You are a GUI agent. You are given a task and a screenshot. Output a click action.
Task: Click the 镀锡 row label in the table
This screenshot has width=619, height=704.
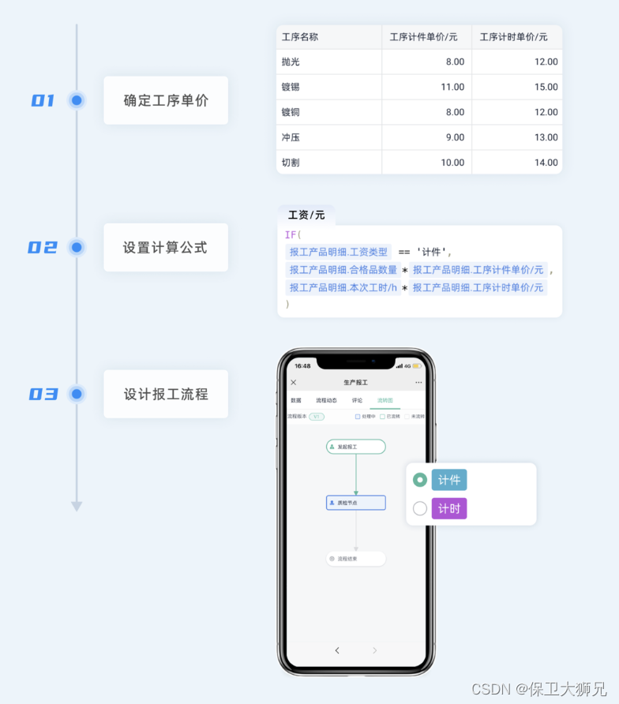coord(291,87)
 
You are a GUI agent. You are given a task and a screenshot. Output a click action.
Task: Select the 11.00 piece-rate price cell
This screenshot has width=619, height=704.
coord(452,87)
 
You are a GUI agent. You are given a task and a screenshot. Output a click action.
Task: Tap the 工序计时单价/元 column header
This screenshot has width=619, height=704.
coord(512,37)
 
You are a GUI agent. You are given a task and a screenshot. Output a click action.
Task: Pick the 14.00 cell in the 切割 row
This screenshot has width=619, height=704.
coord(546,163)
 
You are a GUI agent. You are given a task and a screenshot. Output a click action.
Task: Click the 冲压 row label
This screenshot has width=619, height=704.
coord(291,137)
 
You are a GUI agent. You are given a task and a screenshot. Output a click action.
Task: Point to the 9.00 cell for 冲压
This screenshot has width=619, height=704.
coord(455,137)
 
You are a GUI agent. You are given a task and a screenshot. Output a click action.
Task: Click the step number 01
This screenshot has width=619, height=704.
coord(43,100)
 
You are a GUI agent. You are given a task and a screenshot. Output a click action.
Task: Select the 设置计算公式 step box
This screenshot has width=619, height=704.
coord(166,248)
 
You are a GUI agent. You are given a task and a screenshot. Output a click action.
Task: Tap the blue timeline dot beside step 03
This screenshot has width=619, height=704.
coord(77,394)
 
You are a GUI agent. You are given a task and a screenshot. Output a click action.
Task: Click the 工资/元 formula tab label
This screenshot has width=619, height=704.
coord(306,215)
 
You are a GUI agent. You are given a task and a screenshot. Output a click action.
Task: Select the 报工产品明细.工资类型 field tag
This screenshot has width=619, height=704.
coord(339,252)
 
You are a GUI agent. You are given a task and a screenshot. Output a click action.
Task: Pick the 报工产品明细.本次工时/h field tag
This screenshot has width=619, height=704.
coord(343,288)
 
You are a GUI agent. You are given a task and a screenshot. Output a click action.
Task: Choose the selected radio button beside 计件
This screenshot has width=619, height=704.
coord(420,480)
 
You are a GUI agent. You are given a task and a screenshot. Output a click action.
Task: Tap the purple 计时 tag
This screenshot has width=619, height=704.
coord(449,508)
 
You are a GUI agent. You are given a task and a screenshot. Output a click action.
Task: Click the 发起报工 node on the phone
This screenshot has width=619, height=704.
coord(355,447)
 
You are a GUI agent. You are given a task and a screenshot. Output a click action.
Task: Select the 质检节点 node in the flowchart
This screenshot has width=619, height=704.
coord(355,503)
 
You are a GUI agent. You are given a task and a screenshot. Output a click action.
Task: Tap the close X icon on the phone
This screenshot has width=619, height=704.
coord(294,382)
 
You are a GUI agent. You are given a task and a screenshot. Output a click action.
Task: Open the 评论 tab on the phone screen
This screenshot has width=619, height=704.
coord(357,400)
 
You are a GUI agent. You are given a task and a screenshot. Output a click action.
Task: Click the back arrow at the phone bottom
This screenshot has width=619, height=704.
coord(337,650)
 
